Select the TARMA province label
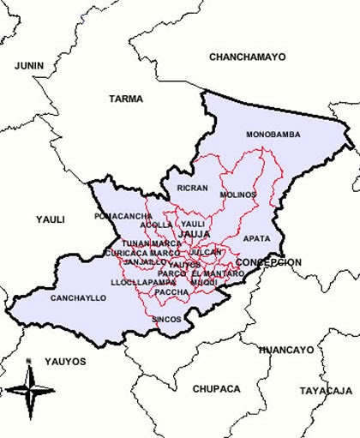(125, 99)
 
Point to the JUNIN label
(29, 64)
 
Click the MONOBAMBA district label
(273, 135)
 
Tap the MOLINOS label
(237, 195)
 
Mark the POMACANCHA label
(123, 216)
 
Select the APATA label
(256, 238)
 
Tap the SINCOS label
(166, 319)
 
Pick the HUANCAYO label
(285, 350)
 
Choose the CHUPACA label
(215, 388)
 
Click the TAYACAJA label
(325, 390)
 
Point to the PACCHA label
(172, 292)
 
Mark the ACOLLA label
(156, 225)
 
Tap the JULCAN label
(207, 253)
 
